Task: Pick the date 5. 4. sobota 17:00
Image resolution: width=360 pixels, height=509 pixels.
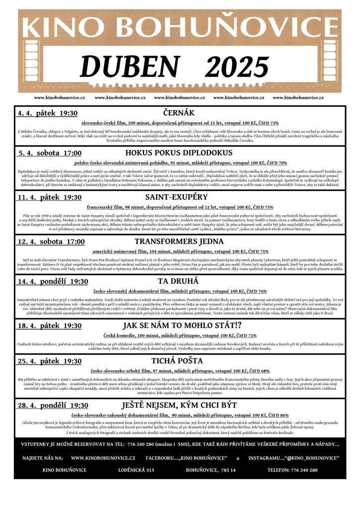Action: click(50, 153)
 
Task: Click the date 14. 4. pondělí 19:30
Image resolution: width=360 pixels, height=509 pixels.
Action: click(53, 281)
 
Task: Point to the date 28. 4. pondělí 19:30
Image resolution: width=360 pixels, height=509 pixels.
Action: click(53, 406)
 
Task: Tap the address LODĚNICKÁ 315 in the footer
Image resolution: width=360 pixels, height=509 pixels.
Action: click(136, 470)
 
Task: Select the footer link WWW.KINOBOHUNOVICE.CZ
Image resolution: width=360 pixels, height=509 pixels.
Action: click(103, 457)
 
